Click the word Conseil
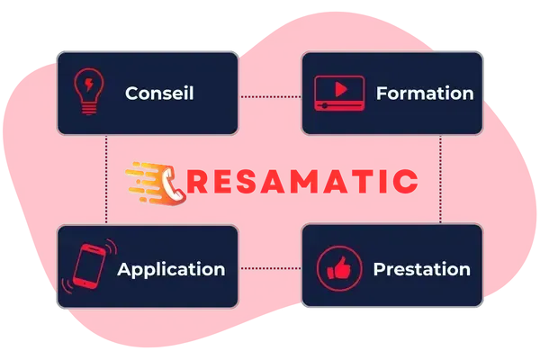159,93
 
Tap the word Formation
425,93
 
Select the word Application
171,270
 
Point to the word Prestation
422,269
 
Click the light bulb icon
89,91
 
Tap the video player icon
339,93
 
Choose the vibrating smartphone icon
89,266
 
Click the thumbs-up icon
339,268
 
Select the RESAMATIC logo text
302,181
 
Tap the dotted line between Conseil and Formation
270,97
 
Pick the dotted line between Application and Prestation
270,268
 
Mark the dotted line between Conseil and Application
106,179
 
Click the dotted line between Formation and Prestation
440,179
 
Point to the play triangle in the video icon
340,89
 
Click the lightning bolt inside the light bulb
89,85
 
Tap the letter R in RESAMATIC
196,181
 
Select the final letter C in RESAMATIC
407,181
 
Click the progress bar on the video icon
339,105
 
